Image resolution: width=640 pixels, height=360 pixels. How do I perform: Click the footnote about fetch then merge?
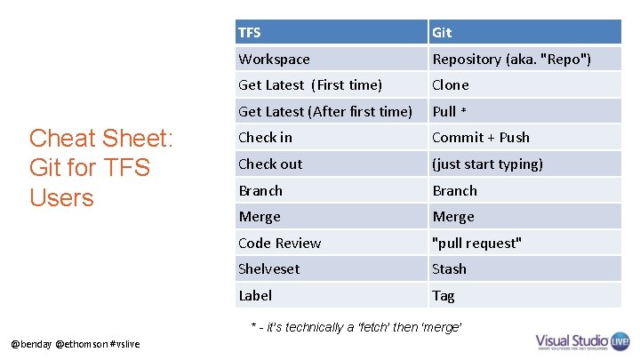[356, 327]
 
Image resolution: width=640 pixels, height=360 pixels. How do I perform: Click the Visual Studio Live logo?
[583, 342]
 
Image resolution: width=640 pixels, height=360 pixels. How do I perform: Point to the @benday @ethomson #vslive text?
[76, 344]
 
